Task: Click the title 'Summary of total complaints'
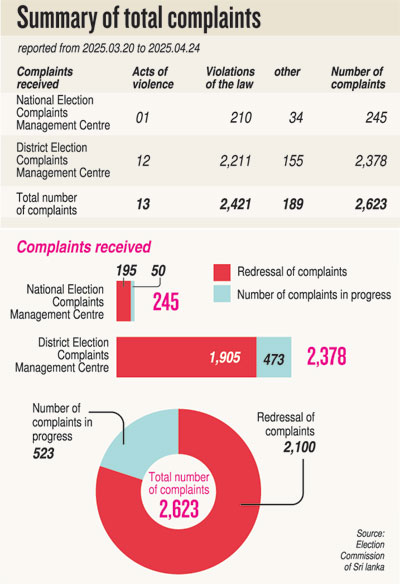click(139, 18)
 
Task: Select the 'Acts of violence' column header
click(153, 78)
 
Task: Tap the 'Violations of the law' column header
click(230, 78)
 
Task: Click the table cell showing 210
click(241, 118)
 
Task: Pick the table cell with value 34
click(296, 118)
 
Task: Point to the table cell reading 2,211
click(235, 161)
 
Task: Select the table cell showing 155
click(293, 161)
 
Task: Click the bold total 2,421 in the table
click(235, 204)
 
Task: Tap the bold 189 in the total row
click(293, 204)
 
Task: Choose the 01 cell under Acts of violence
click(142, 118)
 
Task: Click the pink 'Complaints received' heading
click(84, 247)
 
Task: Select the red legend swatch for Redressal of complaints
click(222, 272)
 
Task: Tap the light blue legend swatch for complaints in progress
click(222, 294)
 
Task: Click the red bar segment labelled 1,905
click(186, 357)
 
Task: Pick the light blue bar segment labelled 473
click(274, 357)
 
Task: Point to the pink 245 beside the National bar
click(166, 302)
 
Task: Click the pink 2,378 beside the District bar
click(327, 356)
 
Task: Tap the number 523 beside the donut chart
click(43, 453)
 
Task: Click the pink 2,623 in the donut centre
click(179, 509)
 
